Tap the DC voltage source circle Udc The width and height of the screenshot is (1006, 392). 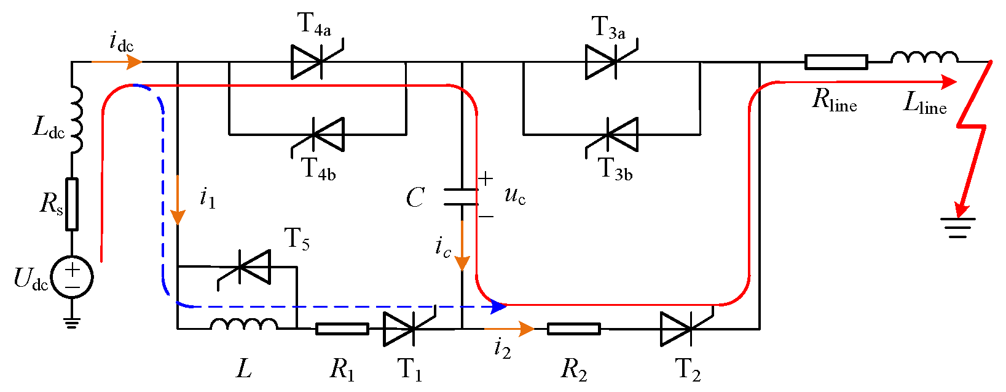click(x=72, y=277)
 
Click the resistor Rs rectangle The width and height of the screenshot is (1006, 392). click(x=72, y=204)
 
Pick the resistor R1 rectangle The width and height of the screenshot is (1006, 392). click(x=342, y=329)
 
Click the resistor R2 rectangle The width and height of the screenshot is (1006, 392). click(x=573, y=329)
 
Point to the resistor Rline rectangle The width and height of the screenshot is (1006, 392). click(x=836, y=62)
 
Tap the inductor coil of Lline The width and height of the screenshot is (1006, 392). click(x=924, y=58)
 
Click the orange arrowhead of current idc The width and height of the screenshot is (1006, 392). click(x=135, y=62)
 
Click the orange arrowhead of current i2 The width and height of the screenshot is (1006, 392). click(x=526, y=329)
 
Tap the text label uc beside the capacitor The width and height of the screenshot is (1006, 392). click(x=515, y=196)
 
